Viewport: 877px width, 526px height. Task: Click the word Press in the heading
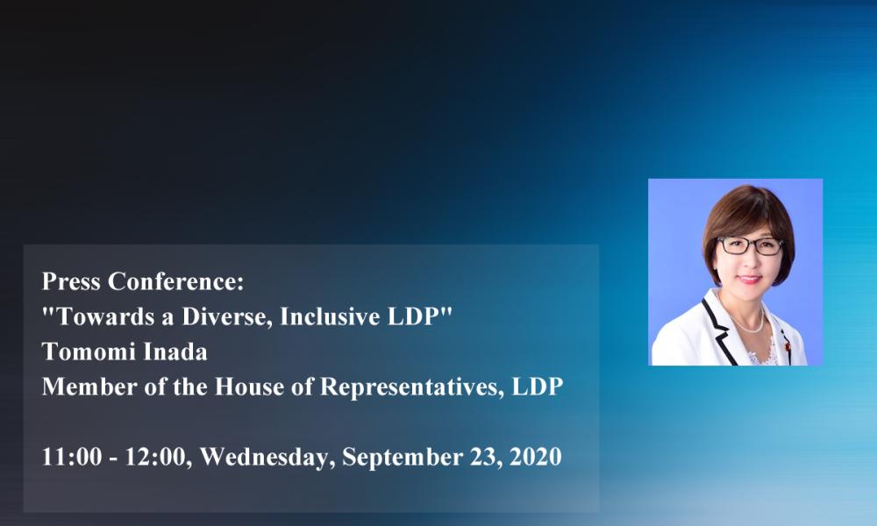[x=72, y=281]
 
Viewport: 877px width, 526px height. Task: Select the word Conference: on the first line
[x=176, y=281]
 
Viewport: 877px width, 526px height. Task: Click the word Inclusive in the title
[x=326, y=316]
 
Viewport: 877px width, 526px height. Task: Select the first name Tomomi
[x=89, y=352]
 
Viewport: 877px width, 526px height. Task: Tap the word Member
[x=89, y=387]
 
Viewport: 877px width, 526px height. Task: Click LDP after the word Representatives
[x=538, y=387]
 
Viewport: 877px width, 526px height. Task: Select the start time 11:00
[x=72, y=457]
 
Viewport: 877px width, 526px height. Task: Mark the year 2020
[x=536, y=457]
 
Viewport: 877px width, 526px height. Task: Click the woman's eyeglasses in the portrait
[x=751, y=245]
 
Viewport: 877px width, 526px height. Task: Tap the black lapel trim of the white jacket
[x=720, y=330]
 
